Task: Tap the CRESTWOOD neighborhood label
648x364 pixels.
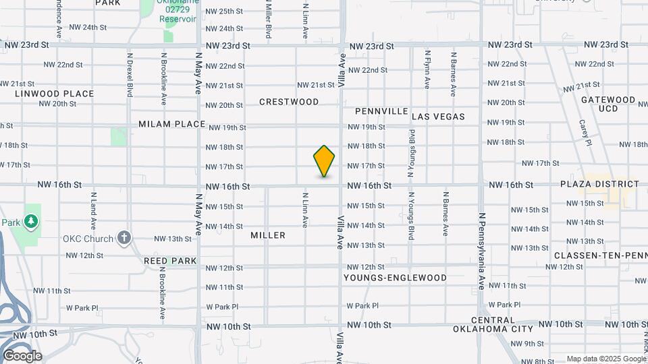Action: point(289,102)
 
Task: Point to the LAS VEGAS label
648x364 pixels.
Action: point(438,117)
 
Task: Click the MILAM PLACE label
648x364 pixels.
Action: point(171,124)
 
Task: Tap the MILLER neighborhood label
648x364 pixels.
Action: point(268,235)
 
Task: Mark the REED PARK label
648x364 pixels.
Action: point(170,260)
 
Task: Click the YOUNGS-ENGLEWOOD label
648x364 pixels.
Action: point(395,278)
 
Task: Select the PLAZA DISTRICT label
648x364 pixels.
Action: point(599,184)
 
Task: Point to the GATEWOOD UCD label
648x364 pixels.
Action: point(608,104)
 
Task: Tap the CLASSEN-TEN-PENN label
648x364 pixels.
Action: point(601,255)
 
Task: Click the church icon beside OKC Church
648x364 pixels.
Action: point(123,237)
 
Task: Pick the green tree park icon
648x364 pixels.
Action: point(30,221)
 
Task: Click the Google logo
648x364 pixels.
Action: point(22,356)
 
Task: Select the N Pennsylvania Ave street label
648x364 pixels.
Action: point(482,251)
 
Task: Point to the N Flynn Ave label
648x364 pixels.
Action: point(427,69)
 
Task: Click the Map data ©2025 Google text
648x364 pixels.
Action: point(606,359)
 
